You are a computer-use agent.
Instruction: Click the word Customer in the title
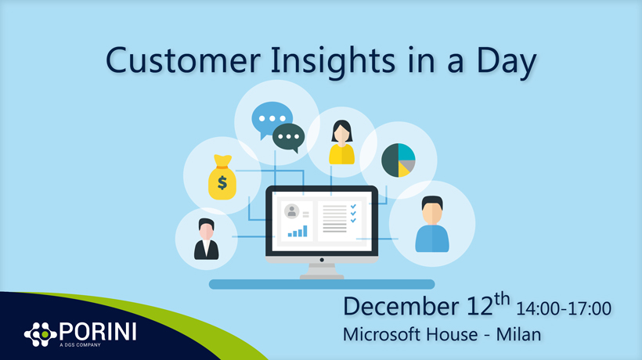click(183, 60)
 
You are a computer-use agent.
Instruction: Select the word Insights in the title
click(333, 62)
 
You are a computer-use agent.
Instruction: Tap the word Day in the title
click(506, 62)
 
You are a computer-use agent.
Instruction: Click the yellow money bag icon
click(222, 177)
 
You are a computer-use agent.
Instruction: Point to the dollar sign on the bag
click(222, 182)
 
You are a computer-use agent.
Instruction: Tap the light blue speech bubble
click(271, 120)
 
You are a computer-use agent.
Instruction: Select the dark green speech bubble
click(289, 138)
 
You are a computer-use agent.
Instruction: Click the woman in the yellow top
click(342, 142)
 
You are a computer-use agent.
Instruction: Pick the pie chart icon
click(399, 160)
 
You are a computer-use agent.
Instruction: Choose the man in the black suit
click(207, 239)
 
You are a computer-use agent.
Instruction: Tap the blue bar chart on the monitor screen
click(298, 231)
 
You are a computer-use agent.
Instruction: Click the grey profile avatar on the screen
click(291, 211)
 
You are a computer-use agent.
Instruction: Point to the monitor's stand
click(322, 272)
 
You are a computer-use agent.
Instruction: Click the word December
click(401, 307)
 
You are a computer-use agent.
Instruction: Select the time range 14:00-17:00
click(564, 308)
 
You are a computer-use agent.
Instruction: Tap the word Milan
click(519, 334)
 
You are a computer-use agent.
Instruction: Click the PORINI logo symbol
click(40, 334)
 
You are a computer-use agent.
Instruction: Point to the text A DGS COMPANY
click(80, 345)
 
